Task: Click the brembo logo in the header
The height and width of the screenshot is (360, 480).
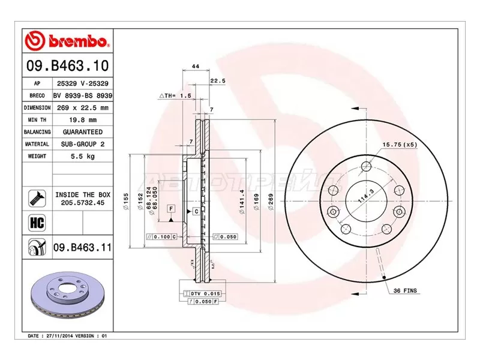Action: [68, 41]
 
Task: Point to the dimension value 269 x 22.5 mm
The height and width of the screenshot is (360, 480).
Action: [83, 107]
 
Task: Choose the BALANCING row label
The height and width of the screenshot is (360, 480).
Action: [37, 132]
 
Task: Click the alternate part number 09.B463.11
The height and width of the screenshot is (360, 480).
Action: [82, 247]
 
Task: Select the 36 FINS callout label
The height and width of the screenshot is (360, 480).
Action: [406, 290]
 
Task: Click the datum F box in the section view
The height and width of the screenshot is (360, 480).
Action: [171, 208]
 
